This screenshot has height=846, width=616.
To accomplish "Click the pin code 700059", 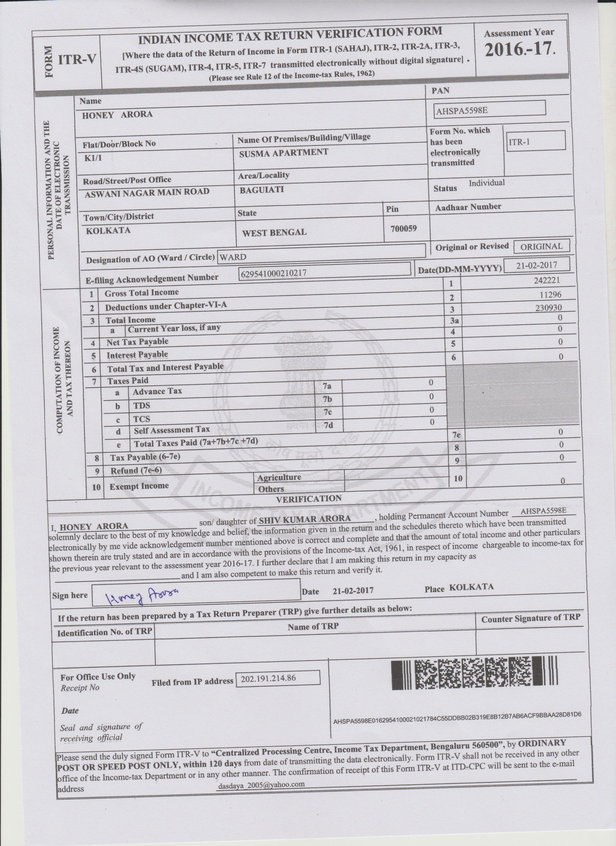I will pyautogui.click(x=404, y=228).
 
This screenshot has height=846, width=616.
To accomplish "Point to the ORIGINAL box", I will pyautogui.click(x=541, y=246).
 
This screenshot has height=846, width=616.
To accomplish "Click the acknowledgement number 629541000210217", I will pyautogui.click(x=274, y=273).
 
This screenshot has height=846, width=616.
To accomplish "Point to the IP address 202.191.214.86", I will pyautogui.click(x=268, y=678).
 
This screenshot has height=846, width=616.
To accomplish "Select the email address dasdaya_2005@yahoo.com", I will pyautogui.click(x=261, y=785).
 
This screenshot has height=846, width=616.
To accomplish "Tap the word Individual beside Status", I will pyautogui.click(x=486, y=183).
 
